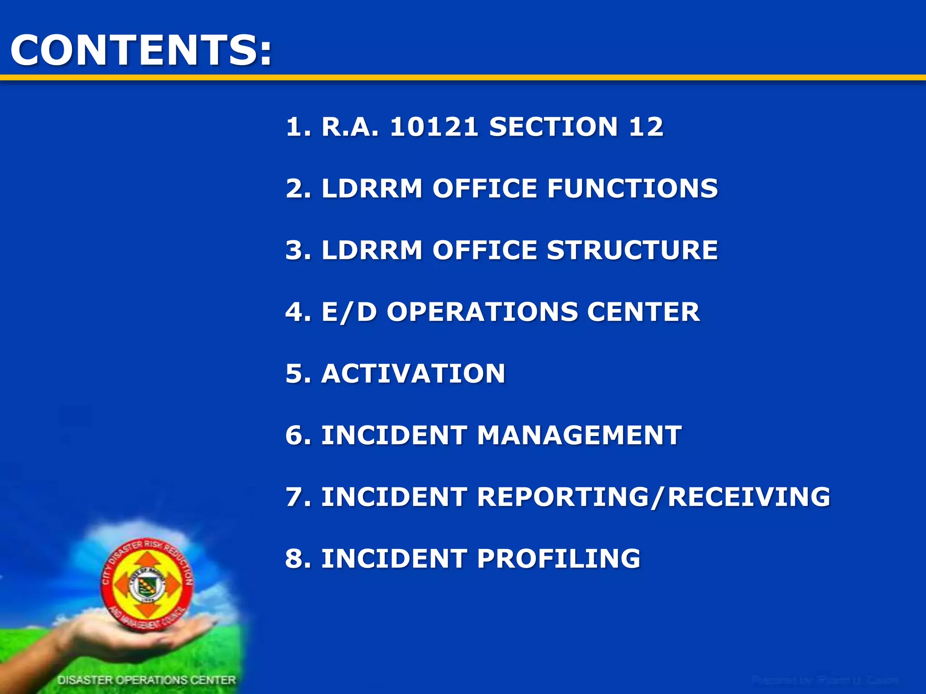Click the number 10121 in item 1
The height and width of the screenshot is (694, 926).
pos(434,127)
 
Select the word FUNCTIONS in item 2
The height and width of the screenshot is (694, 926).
pos(632,188)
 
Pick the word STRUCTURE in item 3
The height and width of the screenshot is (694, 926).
pos(632,250)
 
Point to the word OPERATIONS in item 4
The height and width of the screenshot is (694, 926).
pos(482,312)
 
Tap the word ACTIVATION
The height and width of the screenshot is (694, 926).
pos(413,374)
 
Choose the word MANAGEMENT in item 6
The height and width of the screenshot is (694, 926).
pos(579,435)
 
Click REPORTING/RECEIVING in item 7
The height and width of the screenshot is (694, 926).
pos(653,497)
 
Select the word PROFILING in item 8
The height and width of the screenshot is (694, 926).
pos(558,558)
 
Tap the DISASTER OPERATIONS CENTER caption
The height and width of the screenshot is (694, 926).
pos(146,680)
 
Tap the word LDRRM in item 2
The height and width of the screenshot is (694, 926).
pos(372,188)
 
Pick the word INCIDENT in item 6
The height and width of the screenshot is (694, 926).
pos(394,435)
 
